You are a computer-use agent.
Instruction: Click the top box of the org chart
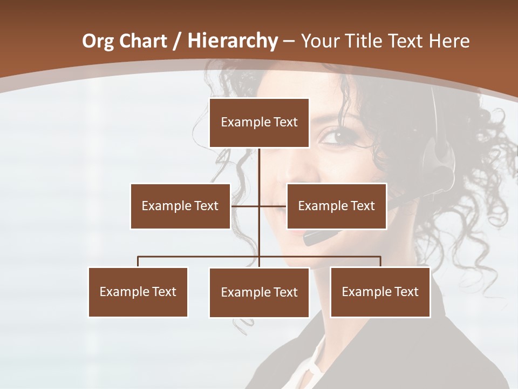pos(259,123)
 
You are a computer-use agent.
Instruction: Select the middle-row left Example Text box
pos(180,206)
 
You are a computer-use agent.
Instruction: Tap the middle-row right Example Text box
pos(336,206)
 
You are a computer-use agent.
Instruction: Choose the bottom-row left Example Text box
pos(138,292)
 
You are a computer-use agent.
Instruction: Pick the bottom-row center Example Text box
pos(259,292)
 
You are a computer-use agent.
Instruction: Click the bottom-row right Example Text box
pos(380,292)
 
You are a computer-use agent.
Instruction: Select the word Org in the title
pos(98,41)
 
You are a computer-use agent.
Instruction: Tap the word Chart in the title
pos(142,41)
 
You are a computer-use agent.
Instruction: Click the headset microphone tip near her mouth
pos(313,237)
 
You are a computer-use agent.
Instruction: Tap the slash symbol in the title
pos(175,41)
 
